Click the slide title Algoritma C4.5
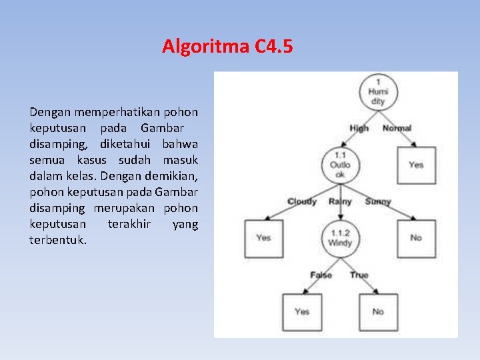(227, 47)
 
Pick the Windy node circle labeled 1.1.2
(340, 238)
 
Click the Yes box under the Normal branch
(416, 165)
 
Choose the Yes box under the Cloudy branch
(263, 238)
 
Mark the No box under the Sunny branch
(416, 238)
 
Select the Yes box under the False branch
(302, 311)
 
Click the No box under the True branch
(378, 311)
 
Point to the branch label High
(359, 128)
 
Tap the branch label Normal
(397, 128)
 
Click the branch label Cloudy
(302, 201)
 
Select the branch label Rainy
(340, 201)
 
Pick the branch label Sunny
(378, 201)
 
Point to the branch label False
(321, 275)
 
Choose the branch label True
(359, 275)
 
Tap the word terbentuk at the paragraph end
(57, 240)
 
